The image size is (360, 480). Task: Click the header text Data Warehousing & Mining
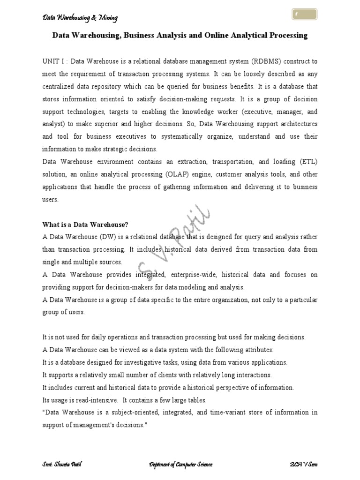tap(80, 18)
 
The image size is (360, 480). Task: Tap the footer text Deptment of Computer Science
tap(180, 465)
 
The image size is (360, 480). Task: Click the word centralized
tap(62, 87)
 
